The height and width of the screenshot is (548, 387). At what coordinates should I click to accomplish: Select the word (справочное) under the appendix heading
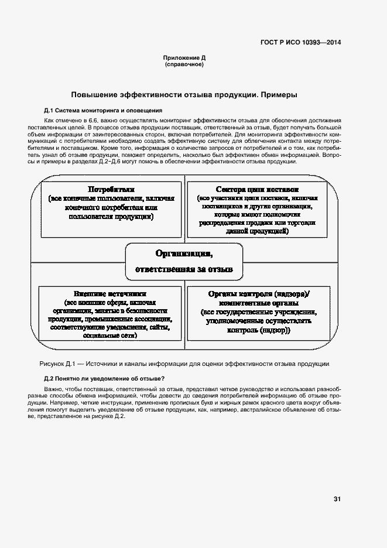pyautogui.click(x=184, y=64)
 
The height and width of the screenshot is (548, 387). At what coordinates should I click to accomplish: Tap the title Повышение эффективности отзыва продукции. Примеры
pyautogui.click(x=184, y=94)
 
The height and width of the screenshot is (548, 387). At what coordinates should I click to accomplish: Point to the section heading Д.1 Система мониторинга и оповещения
pyautogui.click(x=102, y=111)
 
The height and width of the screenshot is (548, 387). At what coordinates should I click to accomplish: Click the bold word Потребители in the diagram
pyautogui.click(x=111, y=189)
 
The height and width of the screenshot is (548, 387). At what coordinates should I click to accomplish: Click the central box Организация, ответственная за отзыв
pyautogui.click(x=184, y=261)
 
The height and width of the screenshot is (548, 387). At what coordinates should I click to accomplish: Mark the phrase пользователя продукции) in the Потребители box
pyautogui.click(x=111, y=216)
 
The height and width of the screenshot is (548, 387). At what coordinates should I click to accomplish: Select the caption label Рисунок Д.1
pyautogui.click(x=57, y=363)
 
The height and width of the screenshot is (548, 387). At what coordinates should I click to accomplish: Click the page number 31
pyautogui.click(x=337, y=499)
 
